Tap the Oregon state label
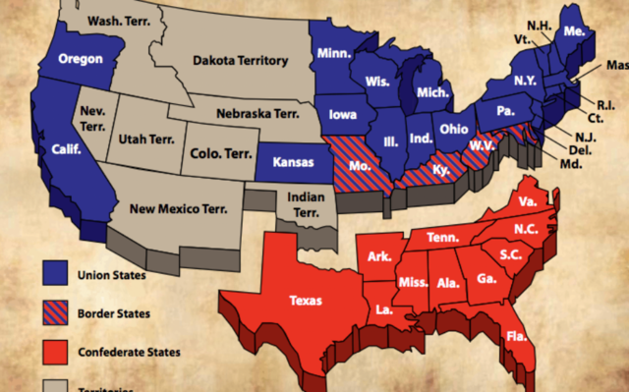point(81,59)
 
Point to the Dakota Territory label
point(241,61)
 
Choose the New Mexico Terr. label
point(175,207)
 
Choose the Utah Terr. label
point(144,140)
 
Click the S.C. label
point(510,256)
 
